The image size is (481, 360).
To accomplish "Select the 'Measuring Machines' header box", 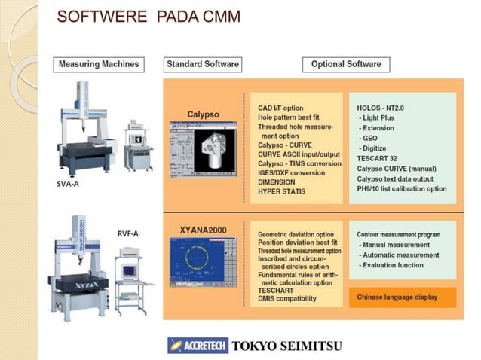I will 99,64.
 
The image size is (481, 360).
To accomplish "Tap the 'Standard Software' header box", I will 203,64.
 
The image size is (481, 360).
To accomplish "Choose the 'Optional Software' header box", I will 346,64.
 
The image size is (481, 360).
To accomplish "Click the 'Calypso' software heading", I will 203,114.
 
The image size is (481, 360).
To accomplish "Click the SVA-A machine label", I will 69,183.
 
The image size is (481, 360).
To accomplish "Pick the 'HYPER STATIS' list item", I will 282,192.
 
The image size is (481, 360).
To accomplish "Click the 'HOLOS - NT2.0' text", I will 381,108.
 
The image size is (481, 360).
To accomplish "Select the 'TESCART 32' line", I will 378,160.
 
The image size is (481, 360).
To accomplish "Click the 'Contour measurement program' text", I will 399,235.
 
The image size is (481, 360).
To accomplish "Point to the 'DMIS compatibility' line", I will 287,299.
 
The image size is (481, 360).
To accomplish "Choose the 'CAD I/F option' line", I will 280,108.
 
